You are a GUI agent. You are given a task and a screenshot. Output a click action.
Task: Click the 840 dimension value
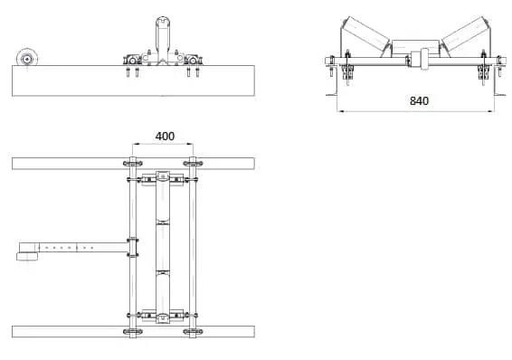coord(419,100)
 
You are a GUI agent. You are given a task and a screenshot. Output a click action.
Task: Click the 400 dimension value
coord(165,136)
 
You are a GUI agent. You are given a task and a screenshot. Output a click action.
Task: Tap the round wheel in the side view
coord(27,59)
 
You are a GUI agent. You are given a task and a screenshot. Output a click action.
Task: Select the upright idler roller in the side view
coord(162,39)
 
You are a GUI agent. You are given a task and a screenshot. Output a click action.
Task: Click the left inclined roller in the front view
coord(365,34)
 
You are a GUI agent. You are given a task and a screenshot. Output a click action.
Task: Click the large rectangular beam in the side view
coord(133,81)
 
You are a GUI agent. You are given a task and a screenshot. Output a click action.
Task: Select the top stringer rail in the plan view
coord(133,164)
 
